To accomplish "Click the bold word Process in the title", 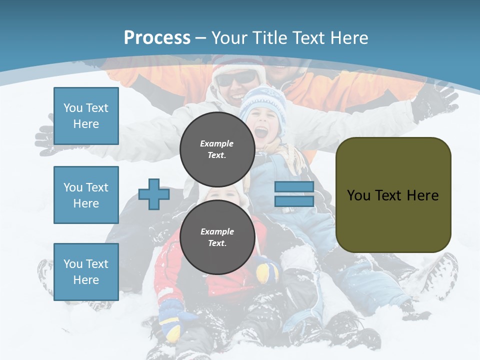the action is (x=157, y=38).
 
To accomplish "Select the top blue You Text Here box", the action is (x=86, y=116).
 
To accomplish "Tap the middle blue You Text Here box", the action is (x=86, y=195).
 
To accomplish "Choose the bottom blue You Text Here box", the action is (x=86, y=272).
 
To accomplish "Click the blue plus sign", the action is (x=153, y=194).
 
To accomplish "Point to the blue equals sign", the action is (x=294, y=194).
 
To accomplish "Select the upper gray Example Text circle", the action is (x=217, y=149).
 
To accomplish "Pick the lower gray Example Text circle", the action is (x=217, y=237).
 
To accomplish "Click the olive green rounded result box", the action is (x=393, y=194).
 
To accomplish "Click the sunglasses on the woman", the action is (x=237, y=78).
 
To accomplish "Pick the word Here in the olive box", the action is (x=422, y=195).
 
